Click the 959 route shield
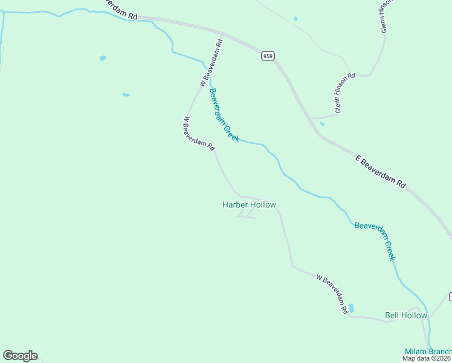click(x=268, y=56)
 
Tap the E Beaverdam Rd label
click(x=380, y=172)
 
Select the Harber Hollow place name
click(x=249, y=205)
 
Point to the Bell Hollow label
click(x=405, y=315)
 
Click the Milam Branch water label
click(x=427, y=352)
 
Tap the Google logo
click(x=20, y=356)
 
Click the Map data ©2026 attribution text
click(x=427, y=359)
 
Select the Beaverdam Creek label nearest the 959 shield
click(x=224, y=115)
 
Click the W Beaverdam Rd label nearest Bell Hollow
click(x=332, y=293)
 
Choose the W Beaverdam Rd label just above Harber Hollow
click(x=199, y=134)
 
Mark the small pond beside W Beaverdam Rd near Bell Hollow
click(x=351, y=308)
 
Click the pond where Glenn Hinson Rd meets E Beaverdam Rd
click(x=321, y=124)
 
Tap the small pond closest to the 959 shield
click(x=295, y=19)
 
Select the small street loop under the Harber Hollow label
click(x=246, y=214)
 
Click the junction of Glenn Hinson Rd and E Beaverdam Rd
click(x=310, y=118)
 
